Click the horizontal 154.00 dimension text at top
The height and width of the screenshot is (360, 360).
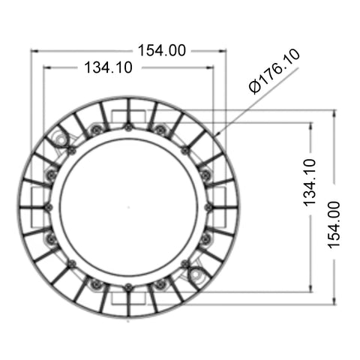point(162,50)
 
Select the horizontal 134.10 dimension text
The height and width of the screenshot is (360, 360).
point(108,67)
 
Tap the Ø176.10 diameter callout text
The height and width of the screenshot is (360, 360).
point(274,71)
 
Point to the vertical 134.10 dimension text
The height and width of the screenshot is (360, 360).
point(310,183)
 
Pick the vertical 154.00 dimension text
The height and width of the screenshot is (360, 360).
point(334,225)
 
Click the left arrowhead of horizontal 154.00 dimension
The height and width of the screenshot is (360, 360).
point(34,51)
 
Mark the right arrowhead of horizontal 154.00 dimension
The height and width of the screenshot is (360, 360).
point(223,51)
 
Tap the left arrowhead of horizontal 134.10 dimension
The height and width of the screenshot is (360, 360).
point(47,67)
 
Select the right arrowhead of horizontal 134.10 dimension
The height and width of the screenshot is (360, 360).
point(210,67)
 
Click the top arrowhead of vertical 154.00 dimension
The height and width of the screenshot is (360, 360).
point(334,113)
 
